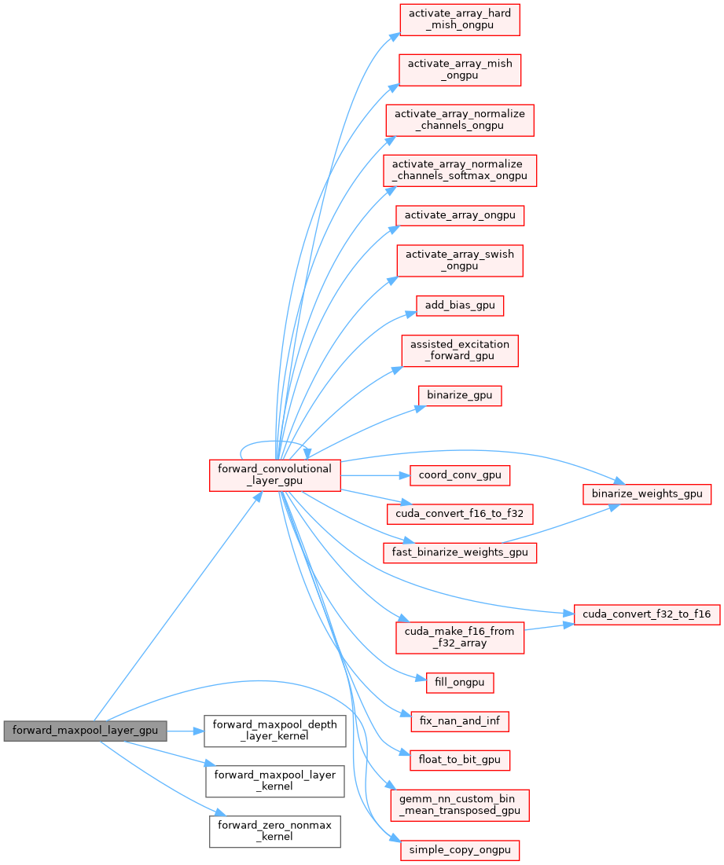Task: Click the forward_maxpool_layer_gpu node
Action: [85, 731]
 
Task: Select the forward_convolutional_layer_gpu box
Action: [274, 475]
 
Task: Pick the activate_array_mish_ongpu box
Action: [460, 69]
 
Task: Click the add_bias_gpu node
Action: [460, 306]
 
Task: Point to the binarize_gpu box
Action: [460, 395]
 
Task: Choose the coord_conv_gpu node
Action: [460, 475]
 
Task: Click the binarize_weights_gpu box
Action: [647, 494]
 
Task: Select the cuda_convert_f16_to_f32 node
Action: [460, 514]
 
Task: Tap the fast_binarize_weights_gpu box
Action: [460, 552]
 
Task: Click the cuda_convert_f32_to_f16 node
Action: [647, 614]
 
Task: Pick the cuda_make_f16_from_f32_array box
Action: [460, 636]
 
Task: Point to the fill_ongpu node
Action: [460, 682]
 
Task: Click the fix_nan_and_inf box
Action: [460, 720]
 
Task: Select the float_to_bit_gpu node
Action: [460, 760]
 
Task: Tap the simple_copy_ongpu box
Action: [460, 849]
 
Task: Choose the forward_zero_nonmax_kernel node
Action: [274, 830]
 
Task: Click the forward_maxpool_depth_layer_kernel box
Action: [274, 731]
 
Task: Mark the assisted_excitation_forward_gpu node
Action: [460, 350]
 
